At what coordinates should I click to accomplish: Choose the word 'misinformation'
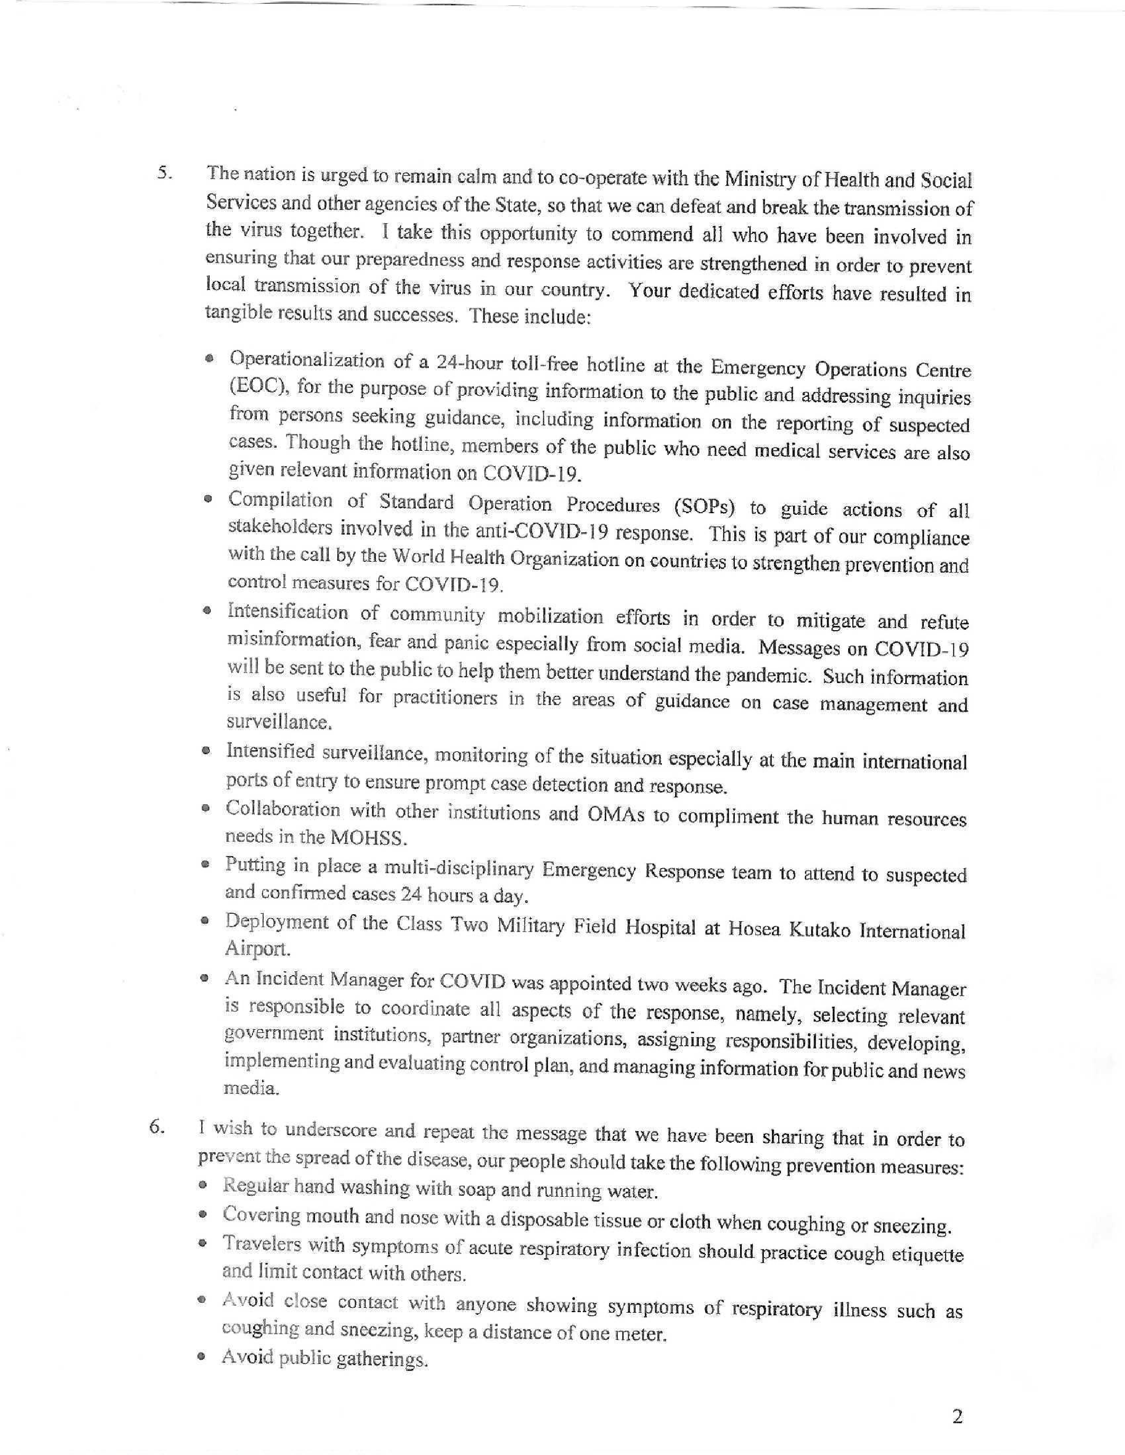[293, 640]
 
